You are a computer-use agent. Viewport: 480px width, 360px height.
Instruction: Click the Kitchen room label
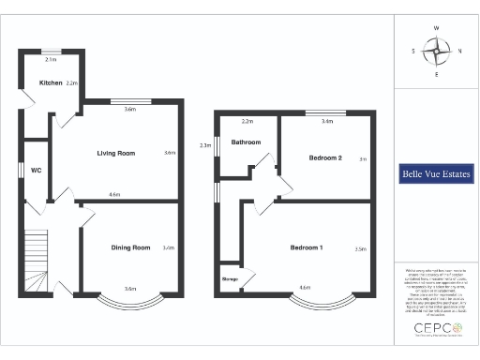(x=51, y=83)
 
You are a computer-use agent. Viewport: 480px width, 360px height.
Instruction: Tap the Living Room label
(x=117, y=153)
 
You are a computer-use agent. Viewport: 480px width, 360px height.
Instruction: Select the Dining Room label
(x=130, y=247)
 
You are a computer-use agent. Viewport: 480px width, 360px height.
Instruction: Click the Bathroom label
(x=247, y=142)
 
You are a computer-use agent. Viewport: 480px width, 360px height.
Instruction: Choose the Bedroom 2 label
(x=324, y=157)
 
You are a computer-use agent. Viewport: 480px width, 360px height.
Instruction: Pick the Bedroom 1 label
(x=306, y=247)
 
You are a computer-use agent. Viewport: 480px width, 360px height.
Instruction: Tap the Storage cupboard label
(x=230, y=278)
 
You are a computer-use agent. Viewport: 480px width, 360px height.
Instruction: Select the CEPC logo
(x=432, y=330)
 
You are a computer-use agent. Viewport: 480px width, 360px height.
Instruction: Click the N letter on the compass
(x=458, y=52)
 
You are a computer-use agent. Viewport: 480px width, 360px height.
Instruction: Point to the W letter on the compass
(x=436, y=28)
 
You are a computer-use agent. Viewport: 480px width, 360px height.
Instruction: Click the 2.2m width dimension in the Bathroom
(x=247, y=122)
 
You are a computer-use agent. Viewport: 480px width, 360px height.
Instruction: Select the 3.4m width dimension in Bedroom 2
(x=326, y=122)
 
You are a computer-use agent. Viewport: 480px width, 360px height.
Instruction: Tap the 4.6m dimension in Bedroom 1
(x=304, y=287)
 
